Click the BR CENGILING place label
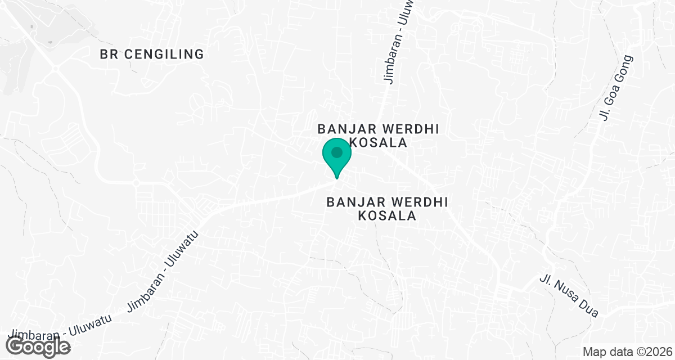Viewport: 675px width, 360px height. click(151, 55)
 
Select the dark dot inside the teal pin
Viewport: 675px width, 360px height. click(337, 152)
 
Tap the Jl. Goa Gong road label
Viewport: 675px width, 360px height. click(616, 88)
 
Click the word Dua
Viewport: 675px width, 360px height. click(588, 308)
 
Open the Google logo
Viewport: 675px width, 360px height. click(38, 346)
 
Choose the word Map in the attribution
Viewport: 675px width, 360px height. click(593, 352)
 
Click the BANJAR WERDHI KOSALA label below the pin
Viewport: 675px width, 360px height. click(388, 209)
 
